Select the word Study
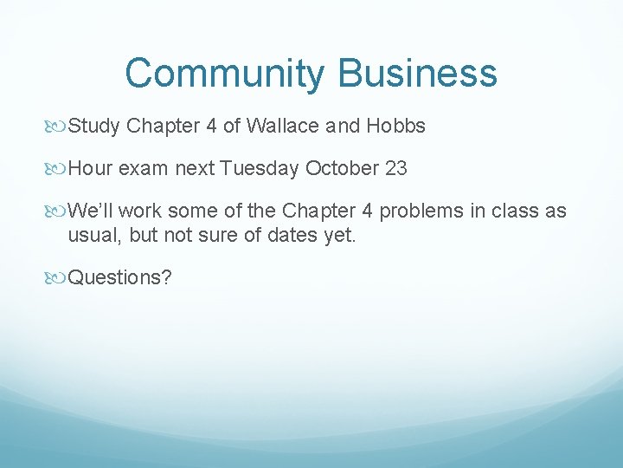(94, 126)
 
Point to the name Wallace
(283, 126)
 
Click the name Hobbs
(396, 126)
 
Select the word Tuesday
(260, 168)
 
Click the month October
(341, 168)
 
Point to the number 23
(396, 168)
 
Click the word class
(517, 211)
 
